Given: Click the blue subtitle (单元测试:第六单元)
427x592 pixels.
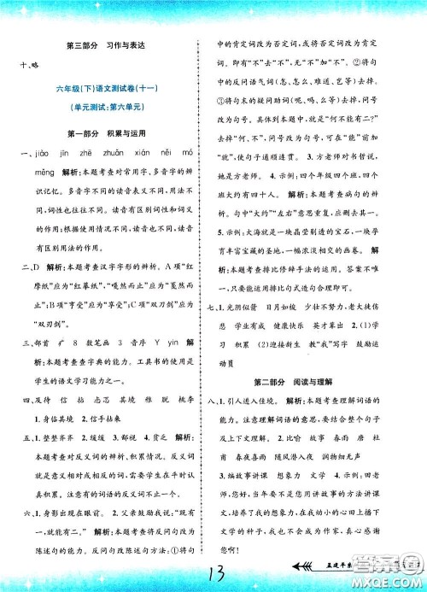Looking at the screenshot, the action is coord(107,111).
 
